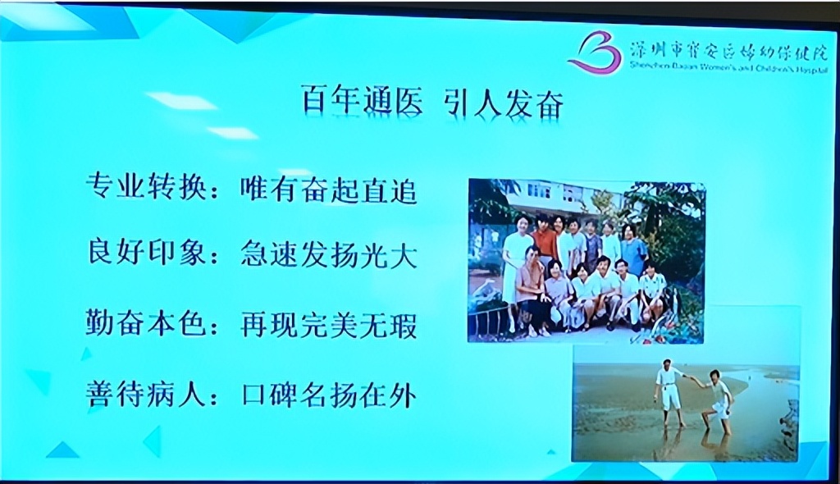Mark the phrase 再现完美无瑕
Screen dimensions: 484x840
(329, 325)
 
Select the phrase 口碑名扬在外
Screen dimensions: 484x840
(329, 395)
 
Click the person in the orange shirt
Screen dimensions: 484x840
(545, 241)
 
